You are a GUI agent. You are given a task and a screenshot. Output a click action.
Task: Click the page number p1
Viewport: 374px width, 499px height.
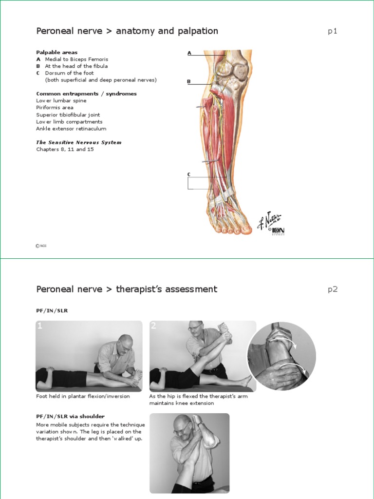point(332,32)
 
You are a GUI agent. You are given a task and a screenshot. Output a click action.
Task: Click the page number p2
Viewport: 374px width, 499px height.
point(332,289)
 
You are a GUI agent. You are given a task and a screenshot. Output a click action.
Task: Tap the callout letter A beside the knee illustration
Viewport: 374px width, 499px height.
point(189,53)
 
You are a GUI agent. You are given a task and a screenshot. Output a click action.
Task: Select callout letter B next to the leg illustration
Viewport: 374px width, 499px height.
point(189,81)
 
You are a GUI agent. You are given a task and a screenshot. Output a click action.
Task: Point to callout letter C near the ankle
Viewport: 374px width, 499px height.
point(189,174)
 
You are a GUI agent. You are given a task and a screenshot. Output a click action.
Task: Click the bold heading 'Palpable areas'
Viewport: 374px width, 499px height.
point(56,52)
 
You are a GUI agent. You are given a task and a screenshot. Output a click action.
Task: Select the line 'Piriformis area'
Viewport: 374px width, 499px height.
point(55,108)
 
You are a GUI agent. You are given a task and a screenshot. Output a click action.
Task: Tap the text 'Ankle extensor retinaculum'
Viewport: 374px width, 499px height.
point(71,129)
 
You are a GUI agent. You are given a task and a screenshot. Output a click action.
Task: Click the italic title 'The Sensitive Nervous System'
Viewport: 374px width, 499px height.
point(79,142)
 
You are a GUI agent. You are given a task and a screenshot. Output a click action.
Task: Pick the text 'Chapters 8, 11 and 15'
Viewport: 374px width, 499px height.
point(65,150)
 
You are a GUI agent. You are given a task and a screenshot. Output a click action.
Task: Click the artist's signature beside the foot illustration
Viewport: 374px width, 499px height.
point(269,220)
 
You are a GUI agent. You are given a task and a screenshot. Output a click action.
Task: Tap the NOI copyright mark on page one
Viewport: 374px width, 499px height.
point(41,246)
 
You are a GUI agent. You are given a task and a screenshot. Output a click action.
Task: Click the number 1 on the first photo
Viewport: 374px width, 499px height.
point(40,326)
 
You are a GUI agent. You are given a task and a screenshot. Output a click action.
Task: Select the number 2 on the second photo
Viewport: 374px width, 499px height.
point(154,326)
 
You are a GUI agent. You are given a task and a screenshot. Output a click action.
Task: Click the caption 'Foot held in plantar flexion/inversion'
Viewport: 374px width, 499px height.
point(83,396)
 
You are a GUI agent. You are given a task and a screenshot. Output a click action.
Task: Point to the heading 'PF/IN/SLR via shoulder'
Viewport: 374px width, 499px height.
point(71,416)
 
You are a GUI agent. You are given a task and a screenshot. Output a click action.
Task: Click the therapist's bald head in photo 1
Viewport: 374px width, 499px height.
point(126,339)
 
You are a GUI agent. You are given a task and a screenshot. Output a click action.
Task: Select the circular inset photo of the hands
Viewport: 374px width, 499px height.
point(281,356)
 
